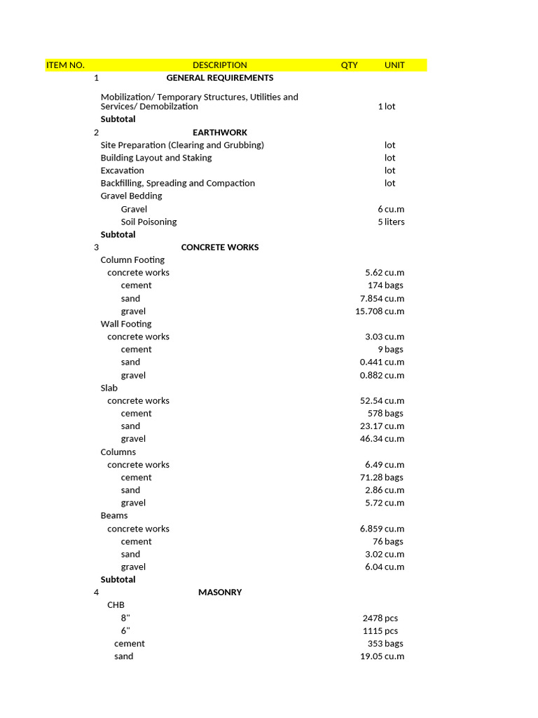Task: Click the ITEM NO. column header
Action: click(x=65, y=65)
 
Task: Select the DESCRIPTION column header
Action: click(x=220, y=65)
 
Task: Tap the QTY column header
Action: click(x=349, y=65)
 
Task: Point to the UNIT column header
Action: click(x=394, y=65)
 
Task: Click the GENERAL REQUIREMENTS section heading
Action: click(x=220, y=78)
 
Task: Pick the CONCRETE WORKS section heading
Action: click(x=220, y=248)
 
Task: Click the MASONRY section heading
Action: click(x=220, y=592)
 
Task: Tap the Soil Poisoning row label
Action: click(x=149, y=222)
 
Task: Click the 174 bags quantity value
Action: click(x=385, y=285)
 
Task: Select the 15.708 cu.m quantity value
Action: click(x=380, y=311)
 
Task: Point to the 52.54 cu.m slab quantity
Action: click(x=382, y=401)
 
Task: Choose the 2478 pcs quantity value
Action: click(x=380, y=618)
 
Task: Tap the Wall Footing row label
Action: click(x=126, y=324)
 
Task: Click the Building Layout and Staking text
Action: click(x=156, y=158)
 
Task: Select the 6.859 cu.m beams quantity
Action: click(x=382, y=529)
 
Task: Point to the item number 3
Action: click(x=96, y=248)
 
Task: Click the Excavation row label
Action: click(x=123, y=170)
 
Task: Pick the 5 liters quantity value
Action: click(x=391, y=222)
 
